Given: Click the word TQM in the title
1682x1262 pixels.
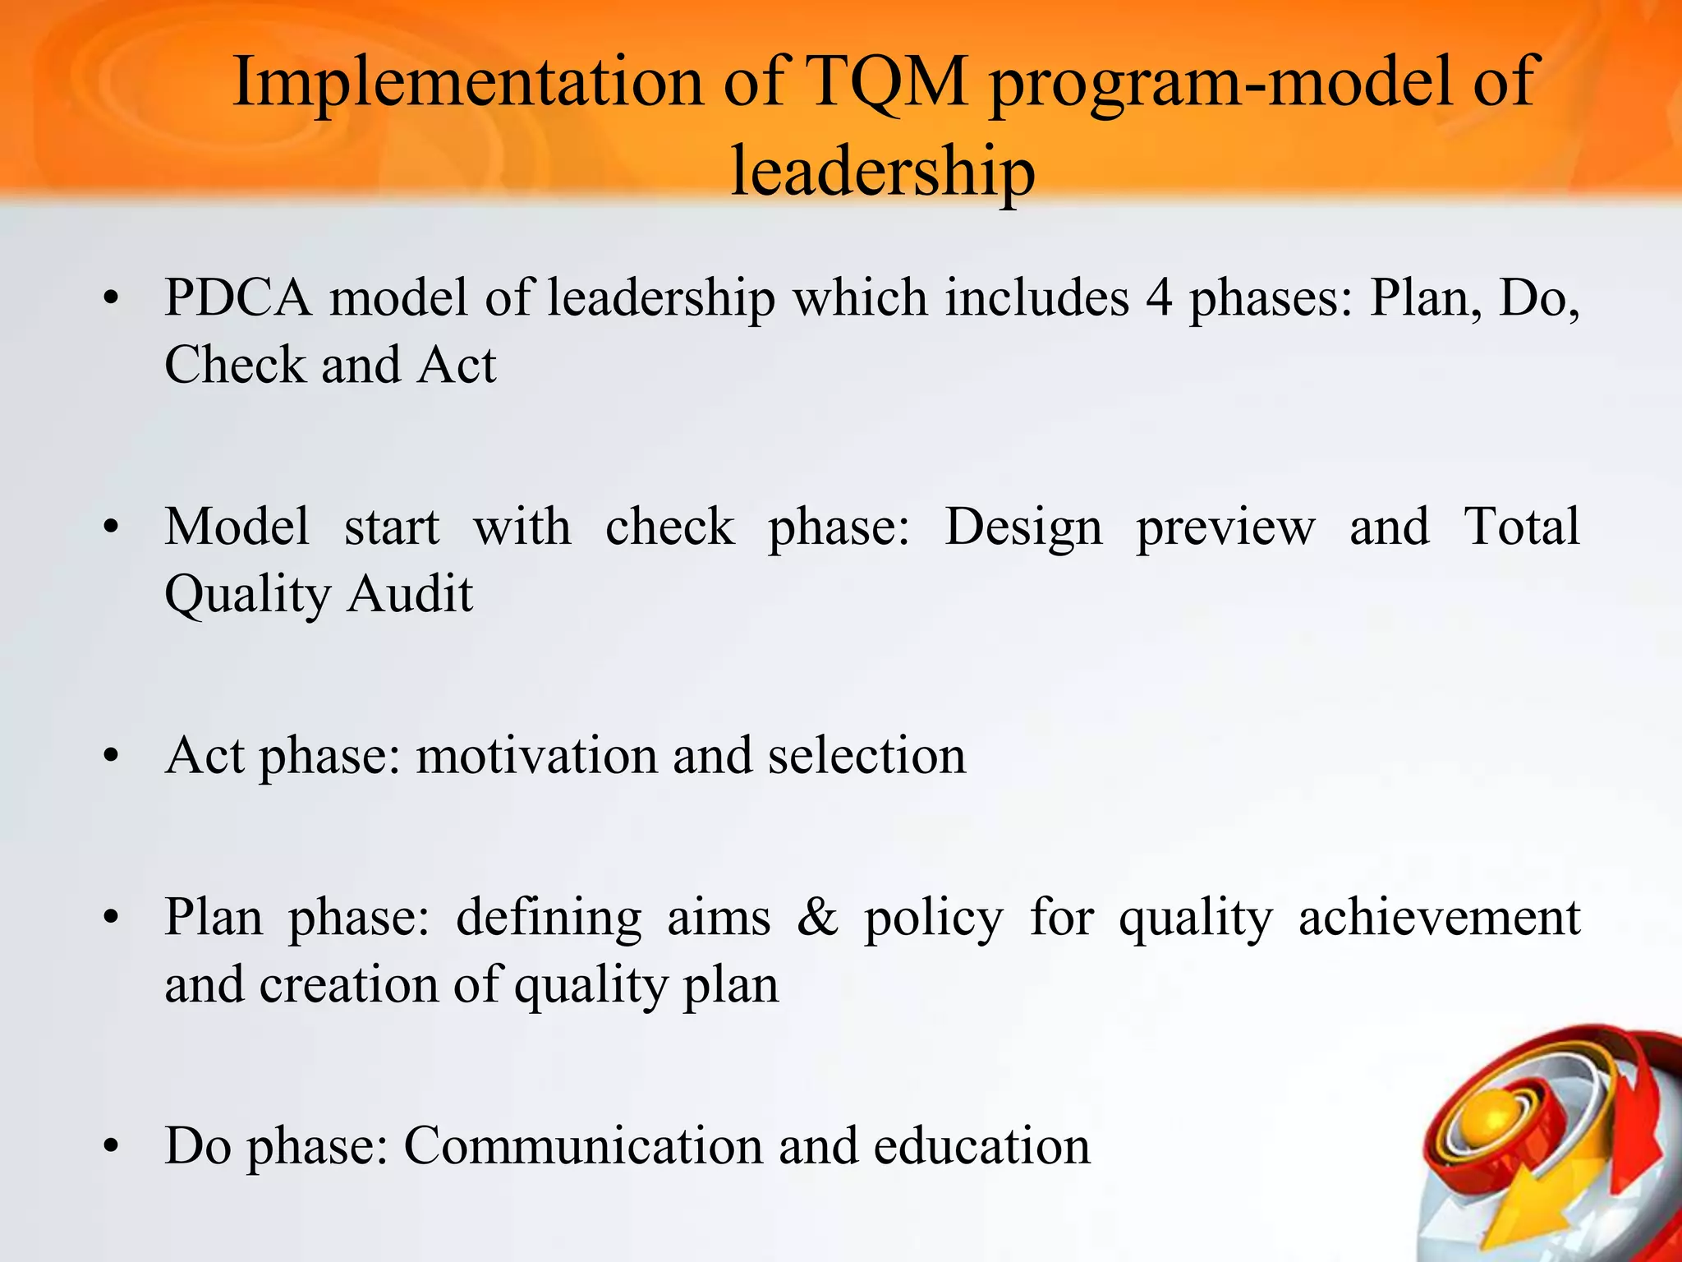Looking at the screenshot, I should (887, 82).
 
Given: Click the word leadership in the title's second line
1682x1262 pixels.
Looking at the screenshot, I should (882, 171).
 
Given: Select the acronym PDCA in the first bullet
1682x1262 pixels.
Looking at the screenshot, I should (238, 297).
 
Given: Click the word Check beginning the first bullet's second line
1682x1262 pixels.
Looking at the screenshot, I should (234, 365).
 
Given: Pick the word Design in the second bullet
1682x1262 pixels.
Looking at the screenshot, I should (1023, 527).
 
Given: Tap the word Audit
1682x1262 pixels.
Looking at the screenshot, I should (410, 593).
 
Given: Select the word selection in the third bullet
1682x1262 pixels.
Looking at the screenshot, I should (867, 755).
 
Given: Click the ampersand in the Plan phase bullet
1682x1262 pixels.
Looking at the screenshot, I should (817, 918).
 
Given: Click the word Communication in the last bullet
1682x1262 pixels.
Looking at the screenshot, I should (583, 1145).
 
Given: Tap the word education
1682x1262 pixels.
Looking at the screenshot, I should (982, 1145).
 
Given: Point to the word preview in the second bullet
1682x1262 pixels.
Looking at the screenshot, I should (1225, 528).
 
